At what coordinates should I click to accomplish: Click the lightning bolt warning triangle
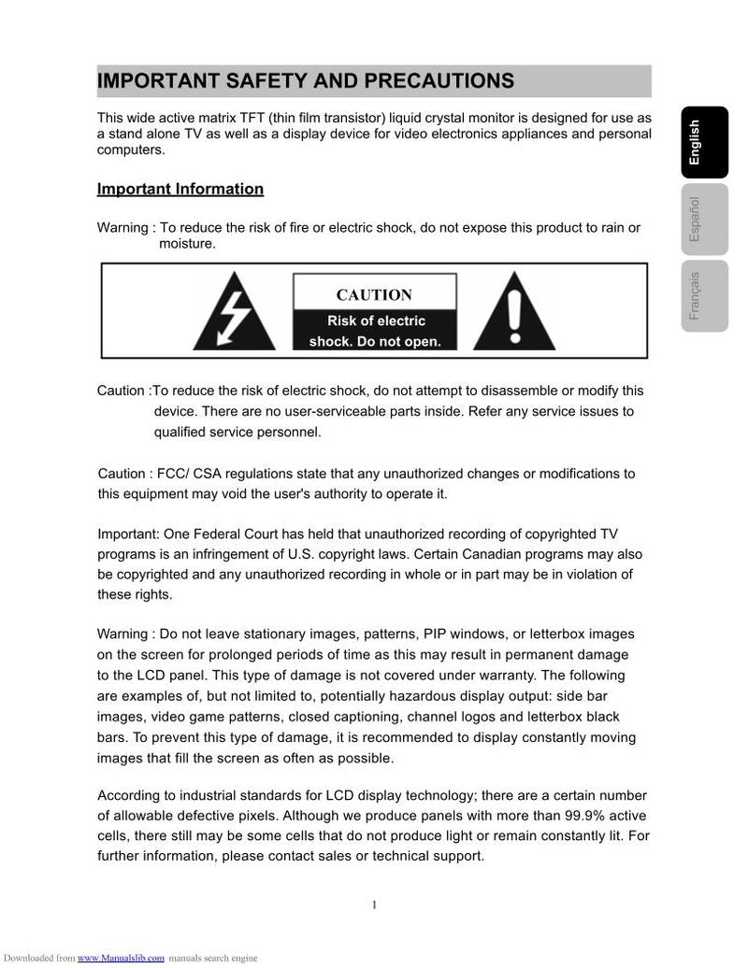235,313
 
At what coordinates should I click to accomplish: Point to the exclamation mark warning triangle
514,313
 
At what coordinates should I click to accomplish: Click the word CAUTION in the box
374,295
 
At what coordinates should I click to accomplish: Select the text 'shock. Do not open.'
375,342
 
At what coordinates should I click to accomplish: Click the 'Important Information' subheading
180,190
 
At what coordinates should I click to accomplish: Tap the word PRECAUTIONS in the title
439,81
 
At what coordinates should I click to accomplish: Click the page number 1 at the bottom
374,904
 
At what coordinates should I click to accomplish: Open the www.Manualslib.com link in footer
121,958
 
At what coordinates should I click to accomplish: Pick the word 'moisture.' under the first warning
187,244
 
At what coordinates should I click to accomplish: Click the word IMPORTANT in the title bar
158,81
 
